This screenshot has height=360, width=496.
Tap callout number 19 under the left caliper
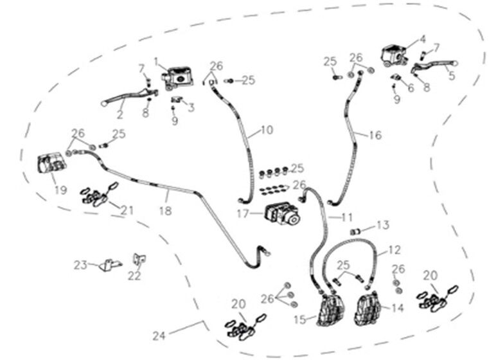click(60, 190)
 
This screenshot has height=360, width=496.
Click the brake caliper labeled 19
click(51, 164)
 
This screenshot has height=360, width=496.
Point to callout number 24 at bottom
click(159, 335)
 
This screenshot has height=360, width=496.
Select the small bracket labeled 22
click(137, 258)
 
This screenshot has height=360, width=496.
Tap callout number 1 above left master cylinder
click(156, 61)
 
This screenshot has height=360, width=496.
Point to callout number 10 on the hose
click(267, 130)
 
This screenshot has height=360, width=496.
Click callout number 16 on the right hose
click(375, 135)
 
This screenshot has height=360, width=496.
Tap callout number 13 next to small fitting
click(383, 225)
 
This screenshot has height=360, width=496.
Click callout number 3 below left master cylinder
click(191, 107)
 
